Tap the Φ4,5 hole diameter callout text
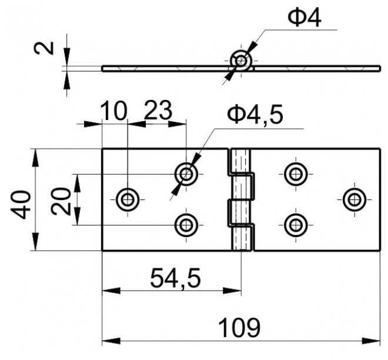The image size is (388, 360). pyautogui.click(x=255, y=115)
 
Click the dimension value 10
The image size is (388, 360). pyautogui.click(x=114, y=111)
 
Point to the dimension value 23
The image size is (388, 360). pyautogui.click(x=158, y=110)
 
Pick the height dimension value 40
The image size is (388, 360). pyautogui.click(x=21, y=205)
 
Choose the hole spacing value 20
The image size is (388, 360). pyautogui.click(x=61, y=201)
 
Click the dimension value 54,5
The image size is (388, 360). pyautogui.click(x=175, y=278)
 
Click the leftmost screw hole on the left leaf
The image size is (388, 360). pyautogui.click(x=128, y=199)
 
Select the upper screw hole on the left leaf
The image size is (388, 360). pyautogui.click(x=186, y=174)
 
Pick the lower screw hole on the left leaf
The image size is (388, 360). pyautogui.click(x=186, y=225)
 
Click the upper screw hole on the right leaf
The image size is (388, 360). pyautogui.click(x=296, y=174)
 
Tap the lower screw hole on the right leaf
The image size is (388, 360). pyautogui.click(x=296, y=225)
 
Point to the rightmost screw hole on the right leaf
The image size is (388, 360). pyautogui.click(x=355, y=199)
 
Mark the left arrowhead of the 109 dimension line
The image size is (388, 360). pyautogui.click(x=111, y=341)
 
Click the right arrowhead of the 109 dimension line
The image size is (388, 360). pyautogui.click(x=371, y=341)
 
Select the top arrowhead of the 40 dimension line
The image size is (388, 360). pyautogui.click(x=36, y=158)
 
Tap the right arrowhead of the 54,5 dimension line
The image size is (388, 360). pyautogui.click(x=232, y=291)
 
